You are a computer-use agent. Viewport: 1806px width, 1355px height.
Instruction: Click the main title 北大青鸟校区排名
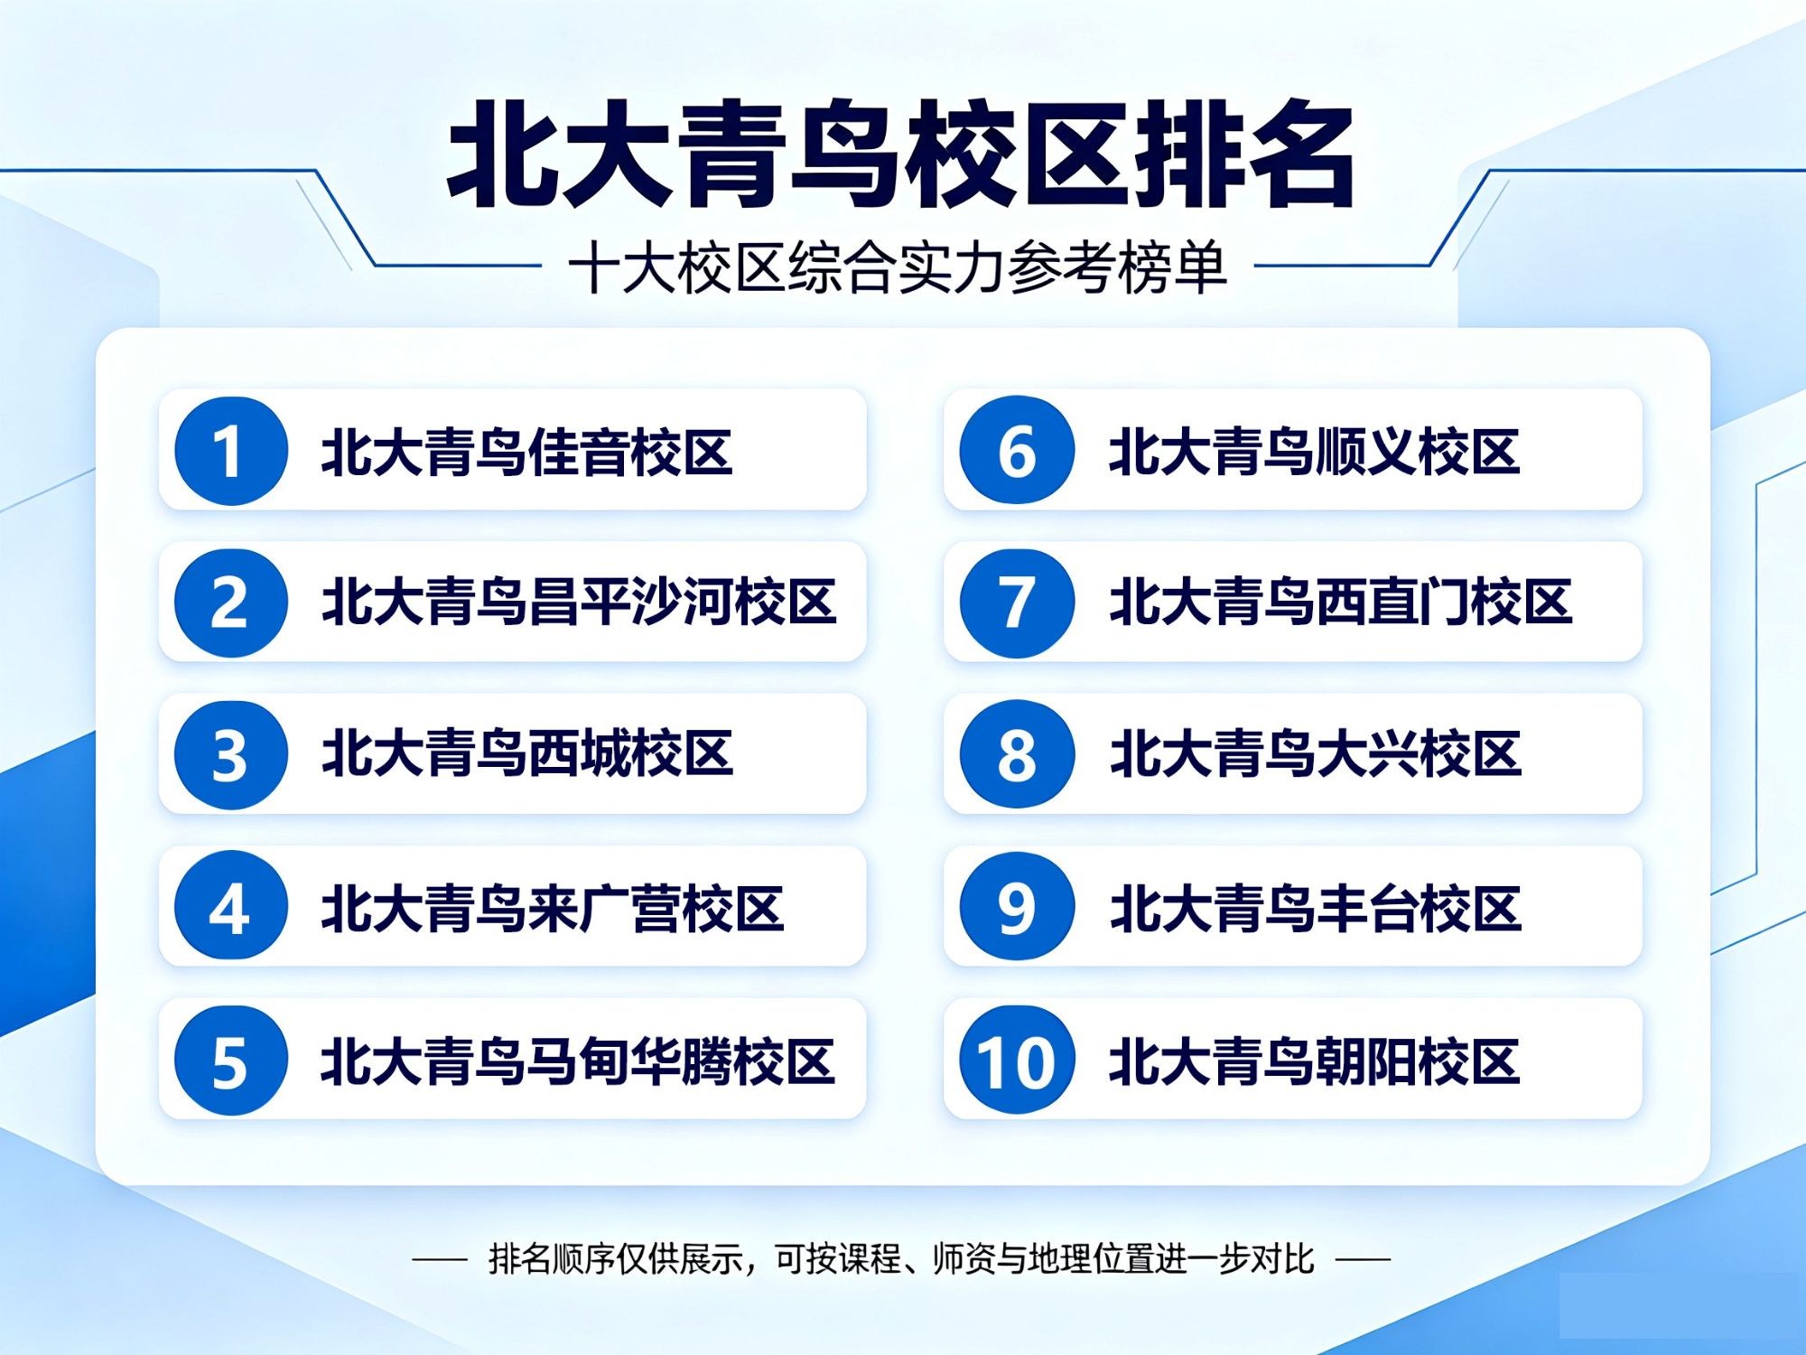(900, 154)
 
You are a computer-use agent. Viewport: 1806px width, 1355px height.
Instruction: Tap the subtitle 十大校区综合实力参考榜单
(898, 268)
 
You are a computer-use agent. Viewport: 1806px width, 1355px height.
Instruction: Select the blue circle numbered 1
(231, 450)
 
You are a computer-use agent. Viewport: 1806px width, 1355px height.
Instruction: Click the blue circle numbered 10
(1017, 1060)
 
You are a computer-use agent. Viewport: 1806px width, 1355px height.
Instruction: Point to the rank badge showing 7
(1017, 603)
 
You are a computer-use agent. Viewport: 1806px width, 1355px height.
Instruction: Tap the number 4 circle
(231, 906)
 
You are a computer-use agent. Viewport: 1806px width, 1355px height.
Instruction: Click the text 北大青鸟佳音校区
(527, 452)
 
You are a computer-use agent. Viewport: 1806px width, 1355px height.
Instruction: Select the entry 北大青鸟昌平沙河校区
(579, 603)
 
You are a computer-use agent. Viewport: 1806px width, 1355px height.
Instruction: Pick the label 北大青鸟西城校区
(527, 754)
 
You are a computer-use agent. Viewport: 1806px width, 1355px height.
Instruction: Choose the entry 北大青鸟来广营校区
(553, 908)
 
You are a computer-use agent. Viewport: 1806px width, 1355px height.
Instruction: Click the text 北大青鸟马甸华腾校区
(578, 1061)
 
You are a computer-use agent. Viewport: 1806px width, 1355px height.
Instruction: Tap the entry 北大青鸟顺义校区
(1315, 452)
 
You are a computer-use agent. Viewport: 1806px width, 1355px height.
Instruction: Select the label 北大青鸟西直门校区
(1341, 603)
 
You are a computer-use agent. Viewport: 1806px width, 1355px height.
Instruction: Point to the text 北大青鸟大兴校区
(1316, 754)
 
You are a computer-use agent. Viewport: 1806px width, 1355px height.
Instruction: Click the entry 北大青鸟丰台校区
(1316, 908)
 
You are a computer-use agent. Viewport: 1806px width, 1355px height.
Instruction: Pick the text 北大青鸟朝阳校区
(1315, 1061)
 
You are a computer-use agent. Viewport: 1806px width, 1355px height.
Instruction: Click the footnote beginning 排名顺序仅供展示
(901, 1258)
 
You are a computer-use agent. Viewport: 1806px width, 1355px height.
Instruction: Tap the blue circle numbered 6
(1017, 450)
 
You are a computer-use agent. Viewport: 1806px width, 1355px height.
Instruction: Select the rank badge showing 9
(1017, 906)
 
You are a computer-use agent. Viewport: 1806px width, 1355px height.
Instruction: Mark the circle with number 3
(231, 754)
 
